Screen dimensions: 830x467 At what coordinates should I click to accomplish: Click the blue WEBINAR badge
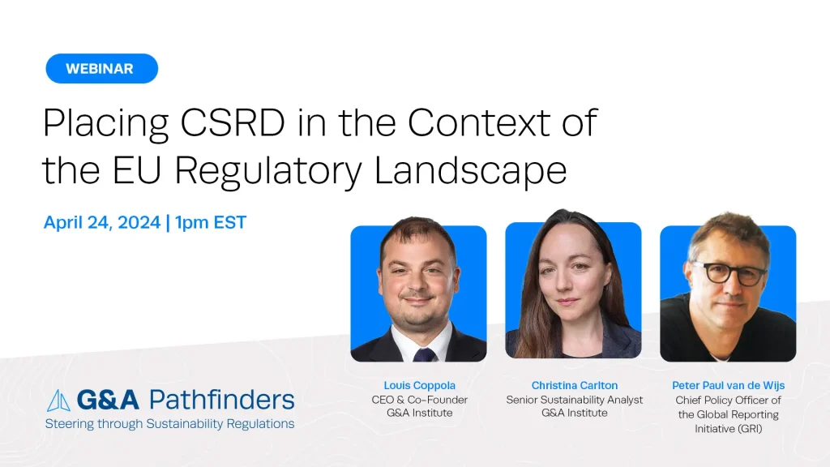pos(101,68)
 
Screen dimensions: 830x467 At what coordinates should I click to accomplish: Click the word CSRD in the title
pos(233,123)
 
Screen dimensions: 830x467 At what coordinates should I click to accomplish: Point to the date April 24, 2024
pos(101,222)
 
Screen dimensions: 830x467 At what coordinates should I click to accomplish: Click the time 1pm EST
pos(211,222)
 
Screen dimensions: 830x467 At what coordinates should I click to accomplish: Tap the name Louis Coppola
pos(419,385)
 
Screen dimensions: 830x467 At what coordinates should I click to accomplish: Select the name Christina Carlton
pos(575,385)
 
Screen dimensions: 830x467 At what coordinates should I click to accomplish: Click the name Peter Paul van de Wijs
pos(729,385)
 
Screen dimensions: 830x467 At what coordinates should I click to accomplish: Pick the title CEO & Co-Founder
pos(419,400)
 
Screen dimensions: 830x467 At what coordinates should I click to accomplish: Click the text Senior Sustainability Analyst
pos(575,400)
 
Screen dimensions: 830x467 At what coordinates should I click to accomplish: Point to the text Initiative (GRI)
pos(729,429)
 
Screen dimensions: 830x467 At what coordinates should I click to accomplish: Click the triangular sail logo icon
pos(58,401)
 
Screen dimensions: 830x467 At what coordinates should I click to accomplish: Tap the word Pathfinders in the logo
pos(222,400)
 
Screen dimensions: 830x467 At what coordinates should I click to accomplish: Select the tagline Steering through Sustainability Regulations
pos(169,424)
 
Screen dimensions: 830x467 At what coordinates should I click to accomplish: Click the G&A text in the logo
pos(108,400)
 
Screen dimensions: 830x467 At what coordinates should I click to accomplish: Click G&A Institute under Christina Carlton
pos(575,413)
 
